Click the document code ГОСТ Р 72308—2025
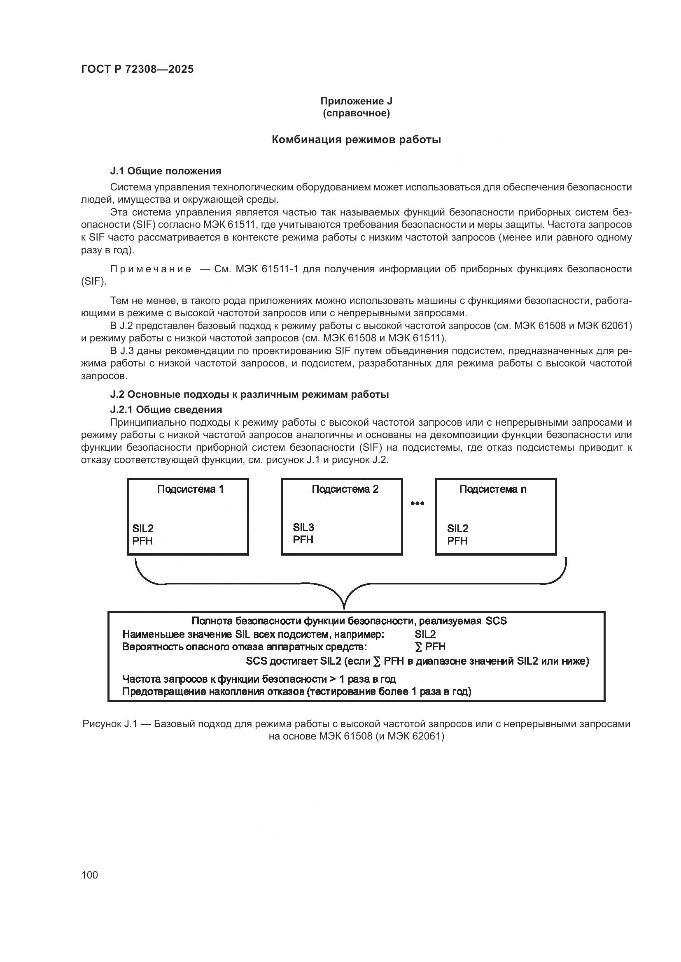click(137, 70)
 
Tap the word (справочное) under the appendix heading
click(356, 114)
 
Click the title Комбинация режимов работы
click(356, 140)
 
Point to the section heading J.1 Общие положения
click(166, 171)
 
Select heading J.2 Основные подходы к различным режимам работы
click(250, 394)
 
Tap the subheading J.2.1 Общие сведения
click(166, 409)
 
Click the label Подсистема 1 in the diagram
click(190, 489)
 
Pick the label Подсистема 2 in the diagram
click(345, 489)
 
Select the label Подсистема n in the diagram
click(493, 489)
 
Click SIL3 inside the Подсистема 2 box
click(303, 527)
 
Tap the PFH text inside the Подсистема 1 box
click(142, 541)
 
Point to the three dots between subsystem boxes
click(417, 503)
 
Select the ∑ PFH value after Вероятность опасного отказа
click(430, 647)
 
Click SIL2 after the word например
click(425, 634)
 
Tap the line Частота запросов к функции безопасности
click(259, 679)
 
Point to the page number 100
click(90, 875)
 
